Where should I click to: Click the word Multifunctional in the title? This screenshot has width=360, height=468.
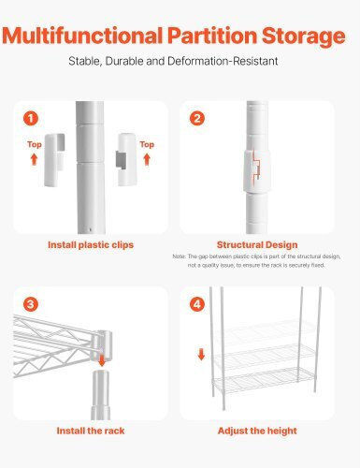[x=82, y=36]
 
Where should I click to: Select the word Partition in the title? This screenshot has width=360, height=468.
[x=212, y=36]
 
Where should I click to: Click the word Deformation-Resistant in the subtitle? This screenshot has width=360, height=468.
[x=223, y=61]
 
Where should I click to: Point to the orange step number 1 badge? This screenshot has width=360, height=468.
[x=31, y=119]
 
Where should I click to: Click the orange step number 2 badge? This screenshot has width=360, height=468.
[x=197, y=119]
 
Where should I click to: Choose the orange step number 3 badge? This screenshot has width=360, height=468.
[x=31, y=304]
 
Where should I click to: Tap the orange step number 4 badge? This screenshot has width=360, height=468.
[x=197, y=304]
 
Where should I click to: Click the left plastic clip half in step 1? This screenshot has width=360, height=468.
[x=54, y=160]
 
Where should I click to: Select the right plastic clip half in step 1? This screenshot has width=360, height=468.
[x=126, y=159]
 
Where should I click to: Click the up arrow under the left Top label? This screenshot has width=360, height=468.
[x=34, y=159]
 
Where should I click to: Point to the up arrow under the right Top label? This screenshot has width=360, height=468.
[x=147, y=159]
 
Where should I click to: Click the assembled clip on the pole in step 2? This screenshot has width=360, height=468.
[x=257, y=171]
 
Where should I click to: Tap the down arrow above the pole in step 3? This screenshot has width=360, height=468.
[x=102, y=361]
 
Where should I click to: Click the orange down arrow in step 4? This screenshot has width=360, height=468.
[x=202, y=354]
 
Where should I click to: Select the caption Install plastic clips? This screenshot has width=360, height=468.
[x=91, y=245]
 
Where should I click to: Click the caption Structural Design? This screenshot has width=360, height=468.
[x=257, y=245]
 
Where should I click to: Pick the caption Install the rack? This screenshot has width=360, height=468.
[x=91, y=431]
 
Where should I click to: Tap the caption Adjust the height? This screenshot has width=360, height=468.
[x=257, y=431]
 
